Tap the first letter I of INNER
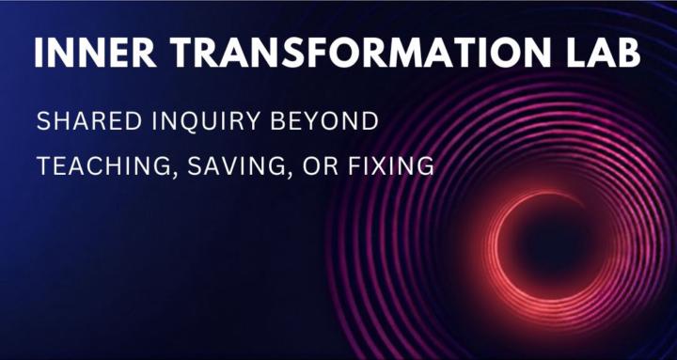39,54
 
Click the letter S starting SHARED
42,122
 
